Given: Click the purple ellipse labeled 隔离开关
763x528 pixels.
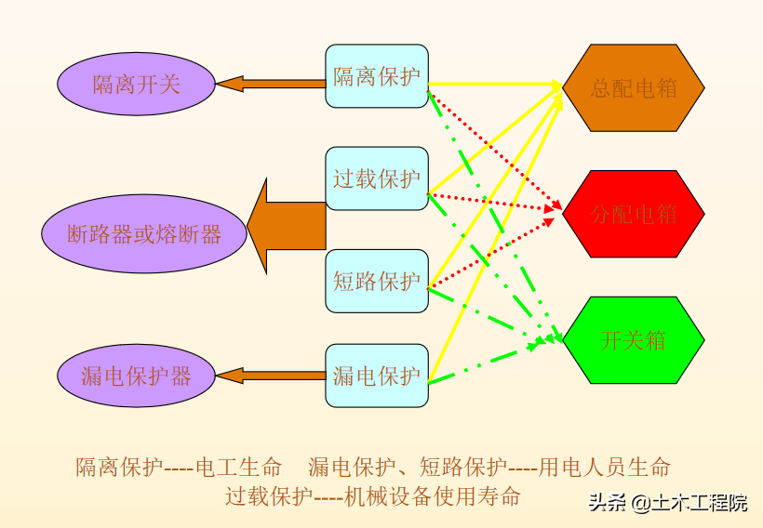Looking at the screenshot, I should tap(136, 86).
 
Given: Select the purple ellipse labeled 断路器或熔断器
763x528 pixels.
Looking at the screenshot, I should tap(144, 233).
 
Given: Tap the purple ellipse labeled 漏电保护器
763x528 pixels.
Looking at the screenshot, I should tap(136, 376).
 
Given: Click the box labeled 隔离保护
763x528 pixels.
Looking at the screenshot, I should tap(377, 76).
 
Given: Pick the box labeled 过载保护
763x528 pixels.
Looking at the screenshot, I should tap(377, 178).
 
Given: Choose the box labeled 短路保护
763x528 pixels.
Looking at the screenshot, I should tap(377, 281).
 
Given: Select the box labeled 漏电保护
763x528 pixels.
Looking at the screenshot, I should tap(377, 376).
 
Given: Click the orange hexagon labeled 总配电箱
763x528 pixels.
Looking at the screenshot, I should tap(634, 88).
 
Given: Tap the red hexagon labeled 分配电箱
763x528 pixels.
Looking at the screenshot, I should tap(634, 214).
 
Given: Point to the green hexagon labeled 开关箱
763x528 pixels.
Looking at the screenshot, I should tap(634, 339).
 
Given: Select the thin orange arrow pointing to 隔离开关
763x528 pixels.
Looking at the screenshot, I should tap(270, 84).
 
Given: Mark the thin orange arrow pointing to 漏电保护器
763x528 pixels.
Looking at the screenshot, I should tap(270, 376).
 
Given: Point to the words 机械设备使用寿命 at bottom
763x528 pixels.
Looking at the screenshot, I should tap(432, 495).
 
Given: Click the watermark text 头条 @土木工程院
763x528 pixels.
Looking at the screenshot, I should tap(667, 503).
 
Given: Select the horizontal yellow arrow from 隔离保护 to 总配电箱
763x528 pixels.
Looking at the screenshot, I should tap(493, 85).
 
